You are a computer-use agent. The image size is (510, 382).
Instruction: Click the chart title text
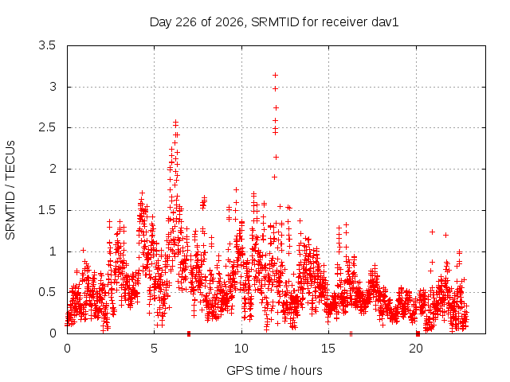click(x=274, y=22)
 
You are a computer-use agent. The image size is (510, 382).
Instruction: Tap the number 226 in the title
click(x=186, y=22)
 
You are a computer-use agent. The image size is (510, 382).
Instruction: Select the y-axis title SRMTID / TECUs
click(x=10, y=190)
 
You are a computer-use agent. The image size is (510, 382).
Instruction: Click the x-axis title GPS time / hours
click(x=274, y=370)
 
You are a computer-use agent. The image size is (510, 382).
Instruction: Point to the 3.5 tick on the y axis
click(x=47, y=45)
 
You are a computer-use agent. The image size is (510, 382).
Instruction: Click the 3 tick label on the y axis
click(x=53, y=87)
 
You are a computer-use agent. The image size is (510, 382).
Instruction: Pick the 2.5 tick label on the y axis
click(x=47, y=127)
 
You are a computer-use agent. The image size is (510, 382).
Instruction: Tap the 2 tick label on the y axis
click(x=53, y=169)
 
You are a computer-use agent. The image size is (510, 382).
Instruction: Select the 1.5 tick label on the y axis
click(x=47, y=210)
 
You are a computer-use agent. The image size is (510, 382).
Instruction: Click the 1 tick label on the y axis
click(x=53, y=251)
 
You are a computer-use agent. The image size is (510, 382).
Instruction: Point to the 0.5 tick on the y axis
click(x=47, y=292)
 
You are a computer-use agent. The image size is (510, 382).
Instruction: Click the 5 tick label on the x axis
click(x=154, y=349)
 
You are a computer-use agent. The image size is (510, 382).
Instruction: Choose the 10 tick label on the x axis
click(x=241, y=349)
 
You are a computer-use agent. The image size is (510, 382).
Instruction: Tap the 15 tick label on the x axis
click(x=328, y=349)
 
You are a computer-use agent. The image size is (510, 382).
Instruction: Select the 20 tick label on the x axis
click(x=416, y=349)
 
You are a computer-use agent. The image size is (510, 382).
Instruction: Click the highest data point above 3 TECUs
click(x=275, y=76)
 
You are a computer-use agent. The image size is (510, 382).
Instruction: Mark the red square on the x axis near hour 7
click(x=189, y=333)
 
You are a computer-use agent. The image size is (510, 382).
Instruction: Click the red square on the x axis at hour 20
click(x=418, y=333)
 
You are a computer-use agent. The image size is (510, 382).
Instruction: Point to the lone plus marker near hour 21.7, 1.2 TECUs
click(x=446, y=235)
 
